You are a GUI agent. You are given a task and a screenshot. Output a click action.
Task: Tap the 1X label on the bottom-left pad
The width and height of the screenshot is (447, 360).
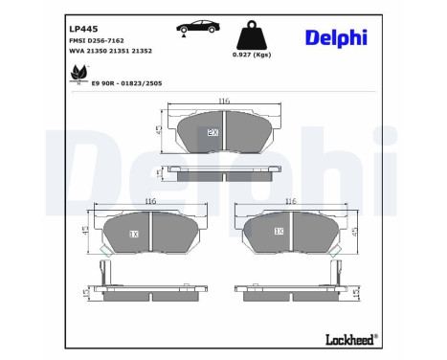point(134,233)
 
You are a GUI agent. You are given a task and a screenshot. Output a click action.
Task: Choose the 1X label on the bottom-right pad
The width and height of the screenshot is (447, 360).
point(279,232)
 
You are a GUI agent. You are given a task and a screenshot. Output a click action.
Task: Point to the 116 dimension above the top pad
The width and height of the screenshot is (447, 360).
point(223,101)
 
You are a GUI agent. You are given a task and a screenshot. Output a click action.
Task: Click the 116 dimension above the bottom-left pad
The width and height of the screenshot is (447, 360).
point(150,202)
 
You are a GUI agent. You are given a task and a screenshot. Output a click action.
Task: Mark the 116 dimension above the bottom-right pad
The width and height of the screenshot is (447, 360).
point(292,202)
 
